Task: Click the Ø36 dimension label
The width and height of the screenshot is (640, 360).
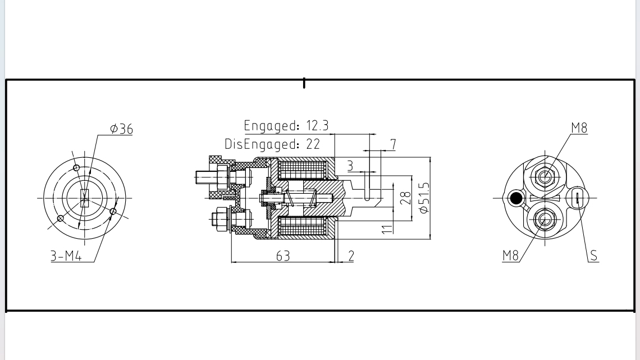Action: point(122,129)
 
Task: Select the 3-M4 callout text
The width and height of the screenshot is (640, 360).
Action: point(66,257)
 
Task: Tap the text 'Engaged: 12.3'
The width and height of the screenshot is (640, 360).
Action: point(286,125)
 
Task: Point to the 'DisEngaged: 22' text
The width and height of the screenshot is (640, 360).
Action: point(272,144)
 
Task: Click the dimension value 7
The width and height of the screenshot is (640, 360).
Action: point(393,144)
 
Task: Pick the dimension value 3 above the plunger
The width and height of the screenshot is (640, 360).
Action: point(350,166)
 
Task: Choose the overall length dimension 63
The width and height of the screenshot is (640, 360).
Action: point(283,256)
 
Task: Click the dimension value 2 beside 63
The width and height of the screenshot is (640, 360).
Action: point(351,256)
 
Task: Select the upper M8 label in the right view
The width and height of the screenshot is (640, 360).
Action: point(579,128)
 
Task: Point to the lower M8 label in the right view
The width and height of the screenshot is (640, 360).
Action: point(510,256)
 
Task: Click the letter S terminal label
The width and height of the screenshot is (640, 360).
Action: point(594,256)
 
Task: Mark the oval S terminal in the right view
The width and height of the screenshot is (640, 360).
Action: point(577,198)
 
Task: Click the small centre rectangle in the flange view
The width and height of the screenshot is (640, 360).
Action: point(84,198)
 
